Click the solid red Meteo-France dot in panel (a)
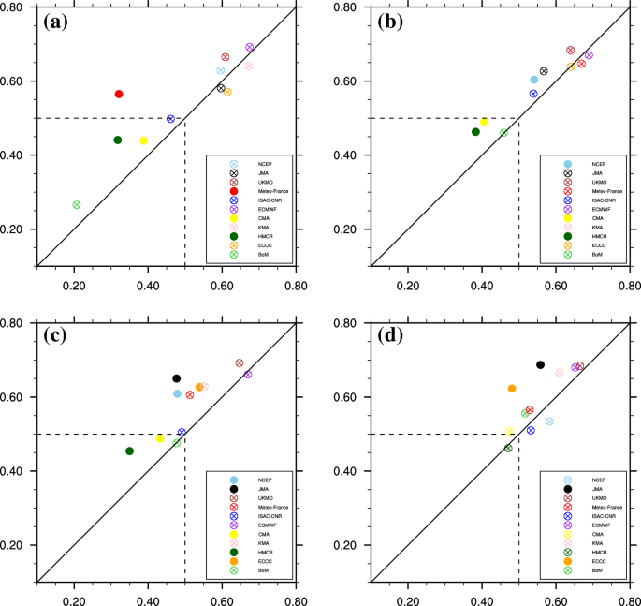[x=119, y=94]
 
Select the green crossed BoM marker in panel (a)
[x=76, y=204]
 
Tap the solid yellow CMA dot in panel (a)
[x=143, y=140]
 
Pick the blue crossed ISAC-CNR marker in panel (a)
[x=170, y=119]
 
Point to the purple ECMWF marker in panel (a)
[x=250, y=47]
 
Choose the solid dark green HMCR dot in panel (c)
[x=129, y=451]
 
